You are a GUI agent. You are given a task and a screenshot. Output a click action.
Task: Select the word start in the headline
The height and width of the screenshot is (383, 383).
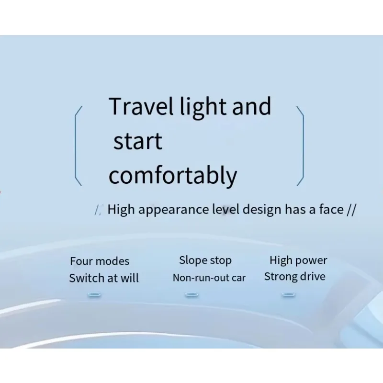pyautogui.click(x=138, y=141)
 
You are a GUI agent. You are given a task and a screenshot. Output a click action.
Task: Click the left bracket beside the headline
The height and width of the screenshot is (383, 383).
pyautogui.click(x=75, y=146)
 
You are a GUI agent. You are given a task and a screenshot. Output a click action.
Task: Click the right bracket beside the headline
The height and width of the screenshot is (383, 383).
pyautogui.click(x=304, y=146)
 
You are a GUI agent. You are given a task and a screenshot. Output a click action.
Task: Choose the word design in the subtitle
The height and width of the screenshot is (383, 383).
pyautogui.click(x=262, y=210)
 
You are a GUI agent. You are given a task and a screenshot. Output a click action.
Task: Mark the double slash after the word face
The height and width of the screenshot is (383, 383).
pyautogui.click(x=351, y=210)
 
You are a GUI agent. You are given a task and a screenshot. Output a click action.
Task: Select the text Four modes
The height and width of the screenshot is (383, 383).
pyautogui.click(x=100, y=261)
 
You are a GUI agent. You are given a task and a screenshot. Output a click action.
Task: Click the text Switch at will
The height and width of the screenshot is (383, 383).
pyautogui.click(x=104, y=278)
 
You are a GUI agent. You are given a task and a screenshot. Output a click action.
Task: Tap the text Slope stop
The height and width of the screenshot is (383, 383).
pyautogui.click(x=205, y=260)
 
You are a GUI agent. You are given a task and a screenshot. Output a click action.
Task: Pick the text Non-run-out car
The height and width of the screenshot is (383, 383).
pyautogui.click(x=209, y=278)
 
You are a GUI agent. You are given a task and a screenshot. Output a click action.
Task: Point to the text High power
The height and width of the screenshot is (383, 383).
pyautogui.click(x=298, y=260)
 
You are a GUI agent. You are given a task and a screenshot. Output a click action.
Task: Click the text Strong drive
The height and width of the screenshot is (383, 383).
pyautogui.click(x=295, y=277)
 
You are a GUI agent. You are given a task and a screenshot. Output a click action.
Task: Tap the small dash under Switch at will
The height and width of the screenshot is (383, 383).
pyautogui.click(x=94, y=294)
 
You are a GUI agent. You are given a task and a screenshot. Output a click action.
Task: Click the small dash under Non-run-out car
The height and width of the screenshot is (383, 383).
pyautogui.click(x=192, y=294)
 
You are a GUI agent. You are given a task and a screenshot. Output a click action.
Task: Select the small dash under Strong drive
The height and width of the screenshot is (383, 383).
pyautogui.click(x=289, y=294)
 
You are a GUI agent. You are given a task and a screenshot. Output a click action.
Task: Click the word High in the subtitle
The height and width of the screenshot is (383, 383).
pyautogui.click(x=121, y=210)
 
